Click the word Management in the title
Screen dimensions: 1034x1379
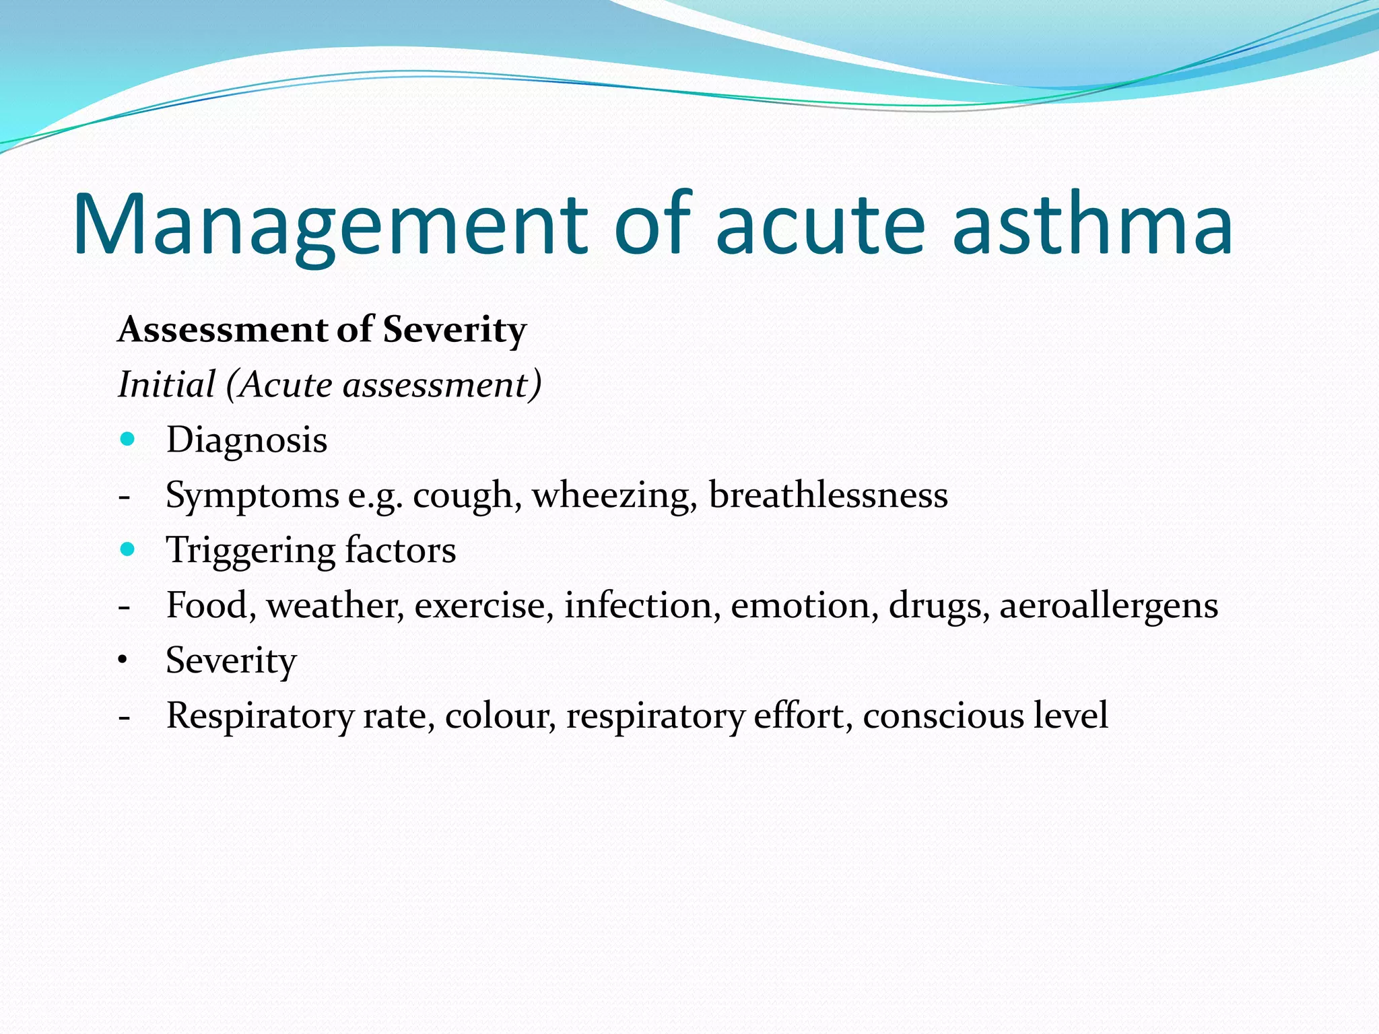(x=330, y=226)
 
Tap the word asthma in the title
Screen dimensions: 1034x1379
(x=1093, y=226)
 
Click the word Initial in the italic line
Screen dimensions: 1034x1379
(x=166, y=385)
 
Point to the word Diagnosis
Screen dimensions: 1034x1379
(x=246, y=440)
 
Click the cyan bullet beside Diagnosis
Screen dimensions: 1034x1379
(x=127, y=440)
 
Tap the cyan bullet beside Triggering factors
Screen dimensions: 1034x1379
(x=127, y=549)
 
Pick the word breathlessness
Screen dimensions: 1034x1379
(x=828, y=495)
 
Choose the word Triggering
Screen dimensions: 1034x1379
(x=250, y=551)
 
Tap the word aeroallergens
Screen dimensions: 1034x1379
(x=1108, y=606)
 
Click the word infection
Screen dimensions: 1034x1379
(x=638, y=605)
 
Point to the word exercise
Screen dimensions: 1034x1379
(x=483, y=605)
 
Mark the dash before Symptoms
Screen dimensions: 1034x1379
(x=124, y=497)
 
